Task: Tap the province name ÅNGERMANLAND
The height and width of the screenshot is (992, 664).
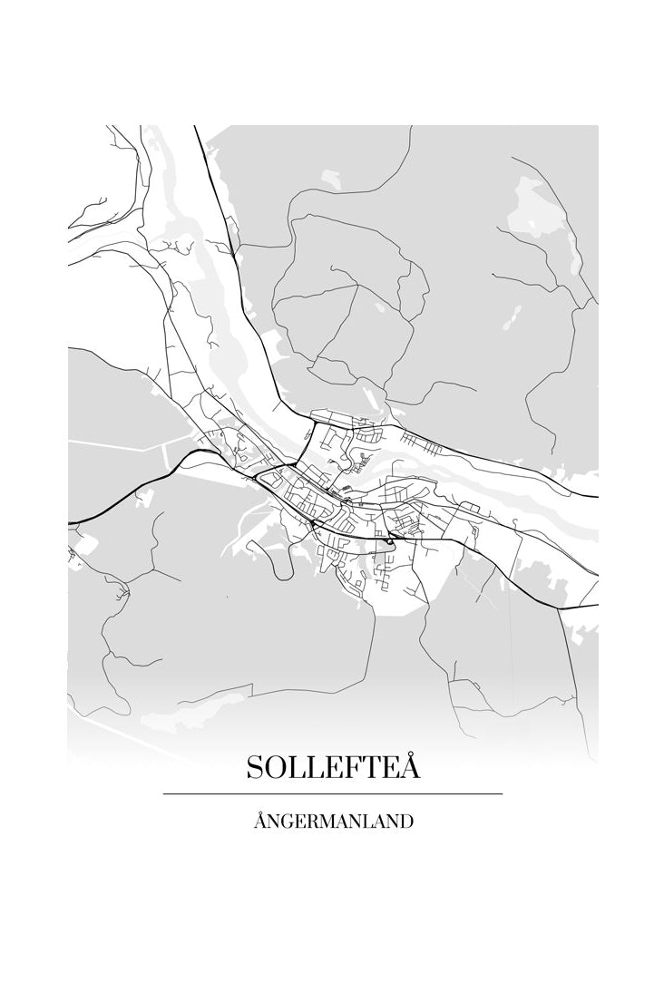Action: click(x=333, y=822)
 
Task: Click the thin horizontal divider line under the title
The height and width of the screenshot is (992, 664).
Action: click(x=333, y=794)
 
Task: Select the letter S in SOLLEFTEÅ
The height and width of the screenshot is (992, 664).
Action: click(x=255, y=768)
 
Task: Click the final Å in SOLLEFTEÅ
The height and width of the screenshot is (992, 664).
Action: click(x=410, y=766)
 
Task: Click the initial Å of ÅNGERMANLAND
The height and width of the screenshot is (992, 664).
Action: click(x=260, y=822)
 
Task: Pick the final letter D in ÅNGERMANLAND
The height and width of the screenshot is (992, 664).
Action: click(x=407, y=822)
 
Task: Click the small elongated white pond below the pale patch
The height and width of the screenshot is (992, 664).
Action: click(x=513, y=316)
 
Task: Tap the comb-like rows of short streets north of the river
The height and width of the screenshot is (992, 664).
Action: click(x=420, y=443)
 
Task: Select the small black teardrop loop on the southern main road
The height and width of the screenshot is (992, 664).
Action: click(x=389, y=541)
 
